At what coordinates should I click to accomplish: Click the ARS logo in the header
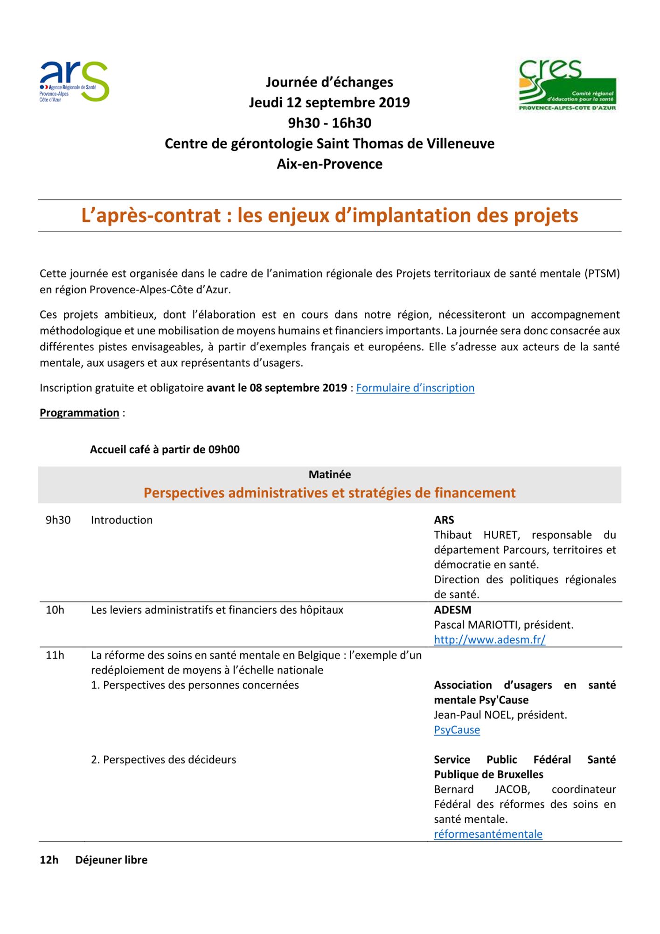74,82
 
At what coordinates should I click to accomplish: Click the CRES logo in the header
567,85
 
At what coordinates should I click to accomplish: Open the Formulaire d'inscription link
415,388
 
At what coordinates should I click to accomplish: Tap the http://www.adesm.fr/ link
489,640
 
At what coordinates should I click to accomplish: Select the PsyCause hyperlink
457,730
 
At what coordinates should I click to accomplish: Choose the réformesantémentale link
488,834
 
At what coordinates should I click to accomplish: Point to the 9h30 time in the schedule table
58,520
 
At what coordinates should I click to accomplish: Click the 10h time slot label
55,610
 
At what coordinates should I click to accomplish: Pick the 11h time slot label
55,655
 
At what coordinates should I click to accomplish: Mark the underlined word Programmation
79,413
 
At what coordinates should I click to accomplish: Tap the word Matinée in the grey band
330,474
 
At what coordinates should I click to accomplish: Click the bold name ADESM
452,610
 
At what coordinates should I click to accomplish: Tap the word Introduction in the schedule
122,520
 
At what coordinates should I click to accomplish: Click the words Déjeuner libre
111,860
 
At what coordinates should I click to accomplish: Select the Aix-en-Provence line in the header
330,164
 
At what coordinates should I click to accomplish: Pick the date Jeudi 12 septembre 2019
330,103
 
